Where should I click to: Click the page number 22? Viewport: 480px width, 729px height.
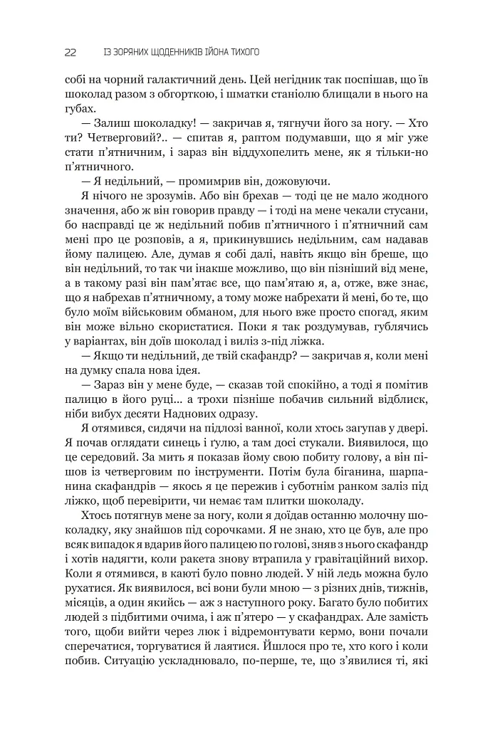(x=70, y=52)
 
